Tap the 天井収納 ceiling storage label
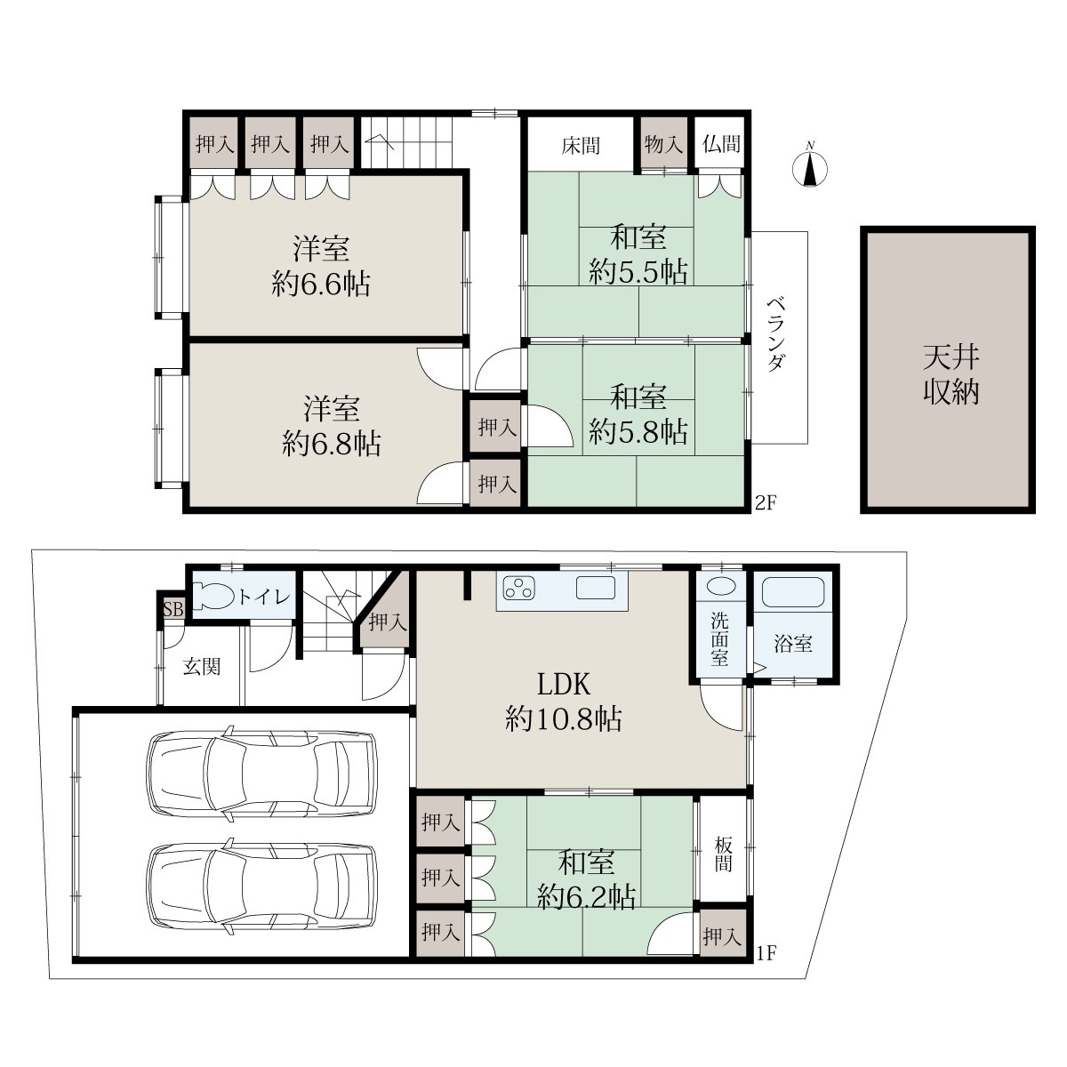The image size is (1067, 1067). pos(951,374)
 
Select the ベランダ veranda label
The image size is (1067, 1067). pos(776,335)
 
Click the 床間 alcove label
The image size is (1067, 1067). pos(581,146)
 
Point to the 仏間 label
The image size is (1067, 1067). pos(721,144)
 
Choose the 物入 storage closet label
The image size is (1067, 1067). pos(663,145)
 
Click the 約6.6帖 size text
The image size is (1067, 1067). pos(321,285)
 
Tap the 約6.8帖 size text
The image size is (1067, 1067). pos(331,443)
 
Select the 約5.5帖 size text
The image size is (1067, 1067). pos(638,271)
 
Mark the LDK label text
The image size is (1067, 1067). pos(564,685)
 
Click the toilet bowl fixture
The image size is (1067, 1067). pos(213,596)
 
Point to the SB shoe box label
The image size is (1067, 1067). pos(173,610)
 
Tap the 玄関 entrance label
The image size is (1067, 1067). pos(202,666)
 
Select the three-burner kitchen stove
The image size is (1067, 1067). pos(518,588)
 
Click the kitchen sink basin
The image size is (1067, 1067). pos(595,588)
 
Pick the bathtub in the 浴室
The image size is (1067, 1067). pos(793,593)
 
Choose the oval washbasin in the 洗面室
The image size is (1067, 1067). pos(720,586)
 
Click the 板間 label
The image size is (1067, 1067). pos(723,854)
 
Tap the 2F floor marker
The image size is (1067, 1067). pos(766,502)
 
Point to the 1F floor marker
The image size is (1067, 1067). pos(766,954)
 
